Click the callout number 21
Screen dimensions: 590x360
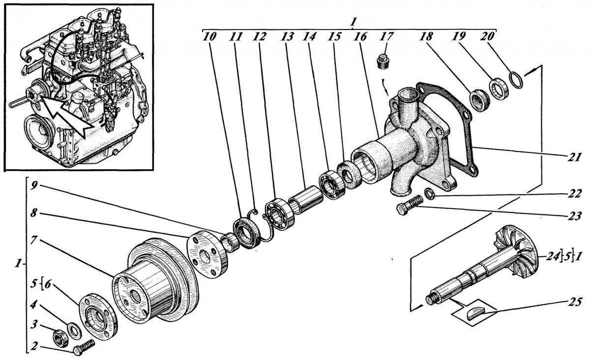tap(574, 157)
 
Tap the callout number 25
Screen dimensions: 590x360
tap(574, 302)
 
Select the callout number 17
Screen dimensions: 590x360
tap(386, 36)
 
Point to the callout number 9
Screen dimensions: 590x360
tap(34, 186)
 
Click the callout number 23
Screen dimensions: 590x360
tap(574, 216)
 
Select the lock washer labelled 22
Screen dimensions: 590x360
tap(430, 194)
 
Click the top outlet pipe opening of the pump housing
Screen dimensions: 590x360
tap(409, 94)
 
